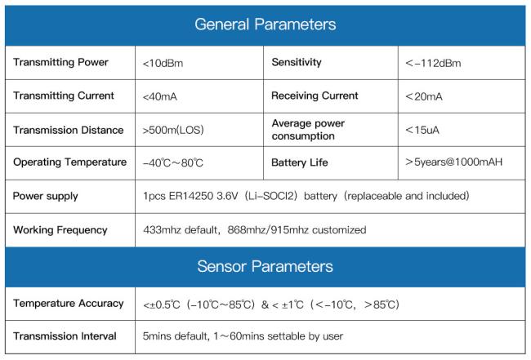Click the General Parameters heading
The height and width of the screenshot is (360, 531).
265,24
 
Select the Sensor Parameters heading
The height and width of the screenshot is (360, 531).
265,266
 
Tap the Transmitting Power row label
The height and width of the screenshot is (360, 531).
61,62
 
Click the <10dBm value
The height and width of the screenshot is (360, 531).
163,64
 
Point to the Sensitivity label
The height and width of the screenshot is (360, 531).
297,62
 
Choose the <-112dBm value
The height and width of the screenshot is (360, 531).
433,64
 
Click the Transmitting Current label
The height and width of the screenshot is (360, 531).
64,96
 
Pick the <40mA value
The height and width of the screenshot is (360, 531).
160,97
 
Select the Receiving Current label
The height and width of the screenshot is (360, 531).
315,96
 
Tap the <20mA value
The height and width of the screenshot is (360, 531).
424,97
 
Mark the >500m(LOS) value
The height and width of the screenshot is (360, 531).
173,130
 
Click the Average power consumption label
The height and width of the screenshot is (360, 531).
308,130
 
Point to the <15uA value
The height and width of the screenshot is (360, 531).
422,130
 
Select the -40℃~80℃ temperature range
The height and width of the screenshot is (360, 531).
173,162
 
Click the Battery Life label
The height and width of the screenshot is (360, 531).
300,162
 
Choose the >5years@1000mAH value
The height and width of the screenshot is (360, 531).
453,162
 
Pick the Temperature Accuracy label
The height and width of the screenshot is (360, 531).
69,303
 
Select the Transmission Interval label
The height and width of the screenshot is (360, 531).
65,336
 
